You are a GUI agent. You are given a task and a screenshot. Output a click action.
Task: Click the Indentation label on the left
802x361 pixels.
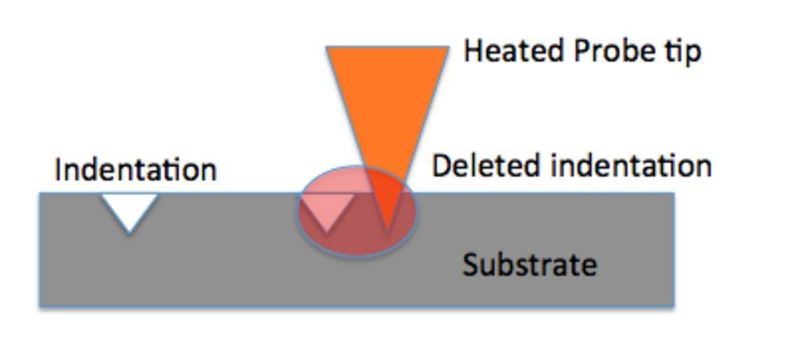click(x=135, y=170)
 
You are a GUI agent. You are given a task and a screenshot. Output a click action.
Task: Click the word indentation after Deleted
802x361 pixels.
click(x=631, y=166)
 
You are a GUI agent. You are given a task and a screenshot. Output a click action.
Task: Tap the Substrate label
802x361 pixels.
click(x=529, y=265)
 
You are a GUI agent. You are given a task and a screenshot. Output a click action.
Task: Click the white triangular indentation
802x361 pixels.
click(x=129, y=208)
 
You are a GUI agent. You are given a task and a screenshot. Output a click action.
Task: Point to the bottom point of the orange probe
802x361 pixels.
click(x=386, y=233)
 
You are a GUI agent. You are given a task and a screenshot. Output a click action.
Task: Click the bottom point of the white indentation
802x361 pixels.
click(x=129, y=233)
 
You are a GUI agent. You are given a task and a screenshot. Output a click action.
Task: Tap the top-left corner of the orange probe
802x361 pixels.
click(x=327, y=48)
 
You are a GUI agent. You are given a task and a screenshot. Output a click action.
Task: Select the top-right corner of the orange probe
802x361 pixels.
click(x=449, y=48)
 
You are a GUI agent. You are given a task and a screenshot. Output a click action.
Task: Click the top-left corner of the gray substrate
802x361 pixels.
click(x=41, y=193)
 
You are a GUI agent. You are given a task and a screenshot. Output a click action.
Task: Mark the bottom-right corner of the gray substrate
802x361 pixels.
click(x=674, y=305)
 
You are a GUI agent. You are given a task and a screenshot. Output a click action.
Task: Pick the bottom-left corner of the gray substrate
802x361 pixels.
click(x=41, y=305)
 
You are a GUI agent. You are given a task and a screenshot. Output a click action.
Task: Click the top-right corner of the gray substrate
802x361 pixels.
click(x=674, y=193)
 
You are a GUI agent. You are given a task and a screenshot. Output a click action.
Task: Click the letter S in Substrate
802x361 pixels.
click(x=469, y=265)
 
